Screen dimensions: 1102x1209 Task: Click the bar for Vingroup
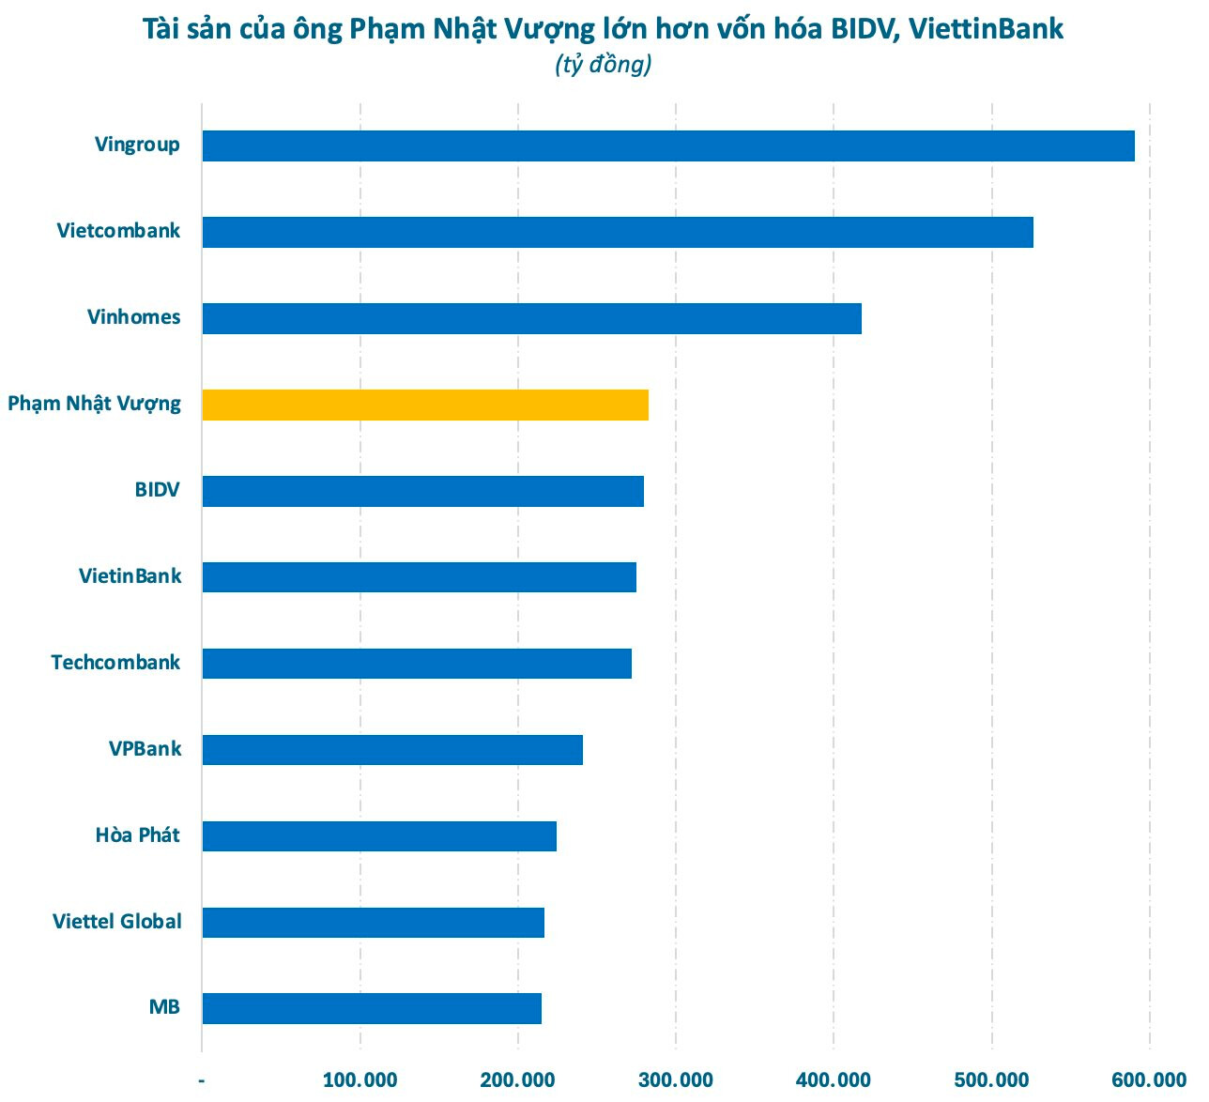coord(668,146)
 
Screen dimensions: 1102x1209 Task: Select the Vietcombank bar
coord(618,233)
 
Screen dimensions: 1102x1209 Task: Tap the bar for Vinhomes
coord(531,319)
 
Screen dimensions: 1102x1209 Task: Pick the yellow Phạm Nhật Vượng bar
coord(425,406)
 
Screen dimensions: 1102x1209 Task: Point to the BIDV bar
coord(422,492)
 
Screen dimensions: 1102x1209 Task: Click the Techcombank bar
coord(417,664)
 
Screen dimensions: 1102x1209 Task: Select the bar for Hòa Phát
coord(379,836)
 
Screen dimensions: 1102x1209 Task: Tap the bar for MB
coord(372,1008)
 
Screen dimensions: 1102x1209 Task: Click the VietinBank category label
coord(130,576)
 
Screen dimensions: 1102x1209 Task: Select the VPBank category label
coord(145,749)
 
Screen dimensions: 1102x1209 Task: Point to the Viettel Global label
coord(117,922)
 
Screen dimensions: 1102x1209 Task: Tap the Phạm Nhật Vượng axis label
coord(94,405)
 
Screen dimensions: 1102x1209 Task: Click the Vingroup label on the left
coord(137,145)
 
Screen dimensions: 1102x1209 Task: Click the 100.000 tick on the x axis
coord(360,1080)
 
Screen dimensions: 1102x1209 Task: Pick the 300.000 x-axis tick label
coord(675,1080)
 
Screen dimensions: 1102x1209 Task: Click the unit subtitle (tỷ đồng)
coord(603,65)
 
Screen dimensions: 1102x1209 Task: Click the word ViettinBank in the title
coord(987,29)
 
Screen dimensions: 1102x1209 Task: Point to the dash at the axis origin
coord(202,1080)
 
